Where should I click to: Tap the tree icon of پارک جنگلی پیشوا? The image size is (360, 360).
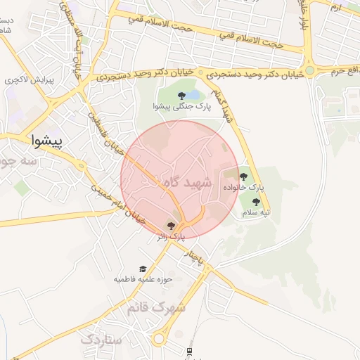(181, 95)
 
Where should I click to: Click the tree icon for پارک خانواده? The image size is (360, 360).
(244, 176)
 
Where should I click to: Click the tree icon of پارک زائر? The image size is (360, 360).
(171, 225)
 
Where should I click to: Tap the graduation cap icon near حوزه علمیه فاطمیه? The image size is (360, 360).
(143, 269)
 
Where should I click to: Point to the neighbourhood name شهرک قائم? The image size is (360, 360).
(157, 307)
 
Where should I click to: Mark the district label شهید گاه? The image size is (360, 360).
(186, 182)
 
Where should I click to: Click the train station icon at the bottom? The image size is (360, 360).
(189, 351)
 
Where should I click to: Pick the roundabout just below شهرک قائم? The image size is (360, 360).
(160, 338)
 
